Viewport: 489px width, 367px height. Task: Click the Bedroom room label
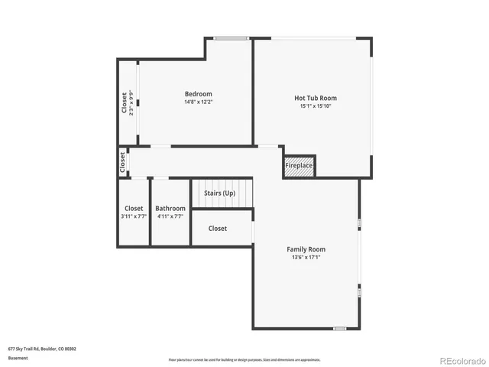[x=198, y=94]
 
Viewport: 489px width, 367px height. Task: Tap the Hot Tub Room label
[x=316, y=98]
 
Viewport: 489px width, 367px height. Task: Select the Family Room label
[x=306, y=249]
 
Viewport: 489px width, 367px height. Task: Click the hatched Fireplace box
[x=299, y=166]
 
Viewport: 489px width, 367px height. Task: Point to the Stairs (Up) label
[x=220, y=193]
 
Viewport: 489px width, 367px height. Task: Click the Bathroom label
[x=170, y=208]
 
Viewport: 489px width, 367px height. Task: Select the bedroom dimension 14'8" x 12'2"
[x=198, y=102]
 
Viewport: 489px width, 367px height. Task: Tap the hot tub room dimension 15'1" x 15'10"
[x=316, y=106]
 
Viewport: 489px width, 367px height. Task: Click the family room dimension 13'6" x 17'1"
[x=306, y=258]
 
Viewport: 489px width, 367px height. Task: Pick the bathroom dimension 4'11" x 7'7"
[x=170, y=216]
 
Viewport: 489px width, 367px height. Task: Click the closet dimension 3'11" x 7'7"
[x=134, y=216]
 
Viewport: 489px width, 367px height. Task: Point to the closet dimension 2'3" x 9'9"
[x=131, y=102]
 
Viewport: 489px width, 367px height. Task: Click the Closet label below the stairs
[x=218, y=229]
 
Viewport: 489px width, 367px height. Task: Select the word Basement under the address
[x=18, y=357]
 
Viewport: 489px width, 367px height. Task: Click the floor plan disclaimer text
[x=244, y=359]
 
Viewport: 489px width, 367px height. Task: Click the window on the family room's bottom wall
[x=339, y=329]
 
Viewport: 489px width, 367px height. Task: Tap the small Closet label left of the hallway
[x=122, y=162]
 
